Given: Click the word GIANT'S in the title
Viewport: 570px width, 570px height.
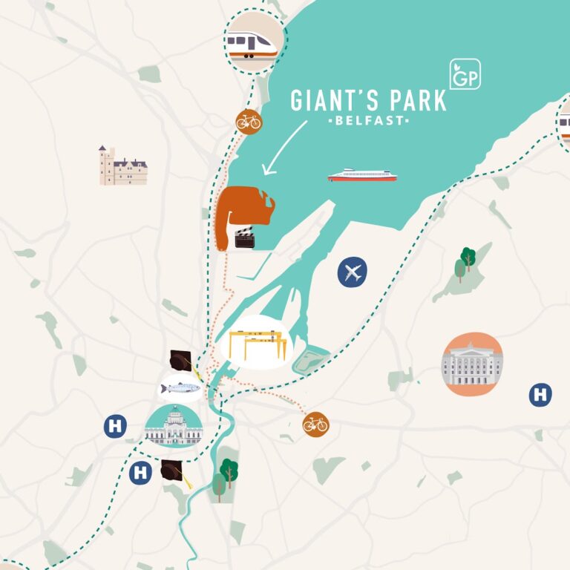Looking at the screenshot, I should pyautogui.click(x=327, y=100).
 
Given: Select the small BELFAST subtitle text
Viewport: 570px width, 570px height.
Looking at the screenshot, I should pyautogui.click(x=368, y=120).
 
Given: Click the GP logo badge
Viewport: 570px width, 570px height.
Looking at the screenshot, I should pyautogui.click(x=465, y=74).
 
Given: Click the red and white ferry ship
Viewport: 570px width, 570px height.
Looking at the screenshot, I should pyautogui.click(x=362, y=176).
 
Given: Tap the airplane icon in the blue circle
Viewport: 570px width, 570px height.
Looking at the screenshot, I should pyautogui.click(x=353, y=272).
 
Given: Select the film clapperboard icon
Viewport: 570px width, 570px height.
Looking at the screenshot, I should pyautogui.click(x=246, y=237).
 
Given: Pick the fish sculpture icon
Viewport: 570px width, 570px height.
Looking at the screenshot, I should pyautogui.click(x=180, y=387).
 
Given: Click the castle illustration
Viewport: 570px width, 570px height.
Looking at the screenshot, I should pyautogui.click(x=122, y=166).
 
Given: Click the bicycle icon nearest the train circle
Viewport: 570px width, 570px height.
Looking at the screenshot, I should pyautogui.click(x=249, y=121).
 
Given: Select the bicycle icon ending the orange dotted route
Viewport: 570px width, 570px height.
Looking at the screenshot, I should pyautogui.click(x=315, y=424).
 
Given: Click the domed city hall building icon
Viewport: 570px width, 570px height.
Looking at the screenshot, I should pyautogui.click(x=173, y=427).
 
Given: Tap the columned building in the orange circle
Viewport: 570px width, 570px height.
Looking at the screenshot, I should pyautogui.click(x=472, y=364).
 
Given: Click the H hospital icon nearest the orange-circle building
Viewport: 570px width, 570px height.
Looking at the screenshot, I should pyautogui.click(x=540, y=395).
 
